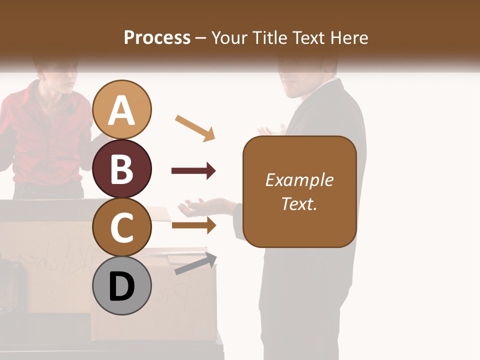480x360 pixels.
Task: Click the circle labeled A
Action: [122, 109]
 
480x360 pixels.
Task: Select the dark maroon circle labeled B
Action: [122, 168]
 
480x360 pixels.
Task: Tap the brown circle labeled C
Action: [122, 227]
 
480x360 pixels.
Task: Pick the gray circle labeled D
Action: [122, 286]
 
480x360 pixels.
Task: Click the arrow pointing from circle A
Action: [195, 128]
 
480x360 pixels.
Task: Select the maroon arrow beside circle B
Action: [193, 171]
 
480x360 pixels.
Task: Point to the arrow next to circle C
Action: [193, 225]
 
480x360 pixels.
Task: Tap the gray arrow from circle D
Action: [195, 264]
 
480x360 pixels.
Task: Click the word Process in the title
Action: [157, 37]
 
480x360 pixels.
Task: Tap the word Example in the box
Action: [299, 180]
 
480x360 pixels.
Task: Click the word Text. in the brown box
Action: [299, 203]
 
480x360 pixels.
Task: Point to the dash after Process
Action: [200, 38]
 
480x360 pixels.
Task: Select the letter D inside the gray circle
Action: [122, 287]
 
